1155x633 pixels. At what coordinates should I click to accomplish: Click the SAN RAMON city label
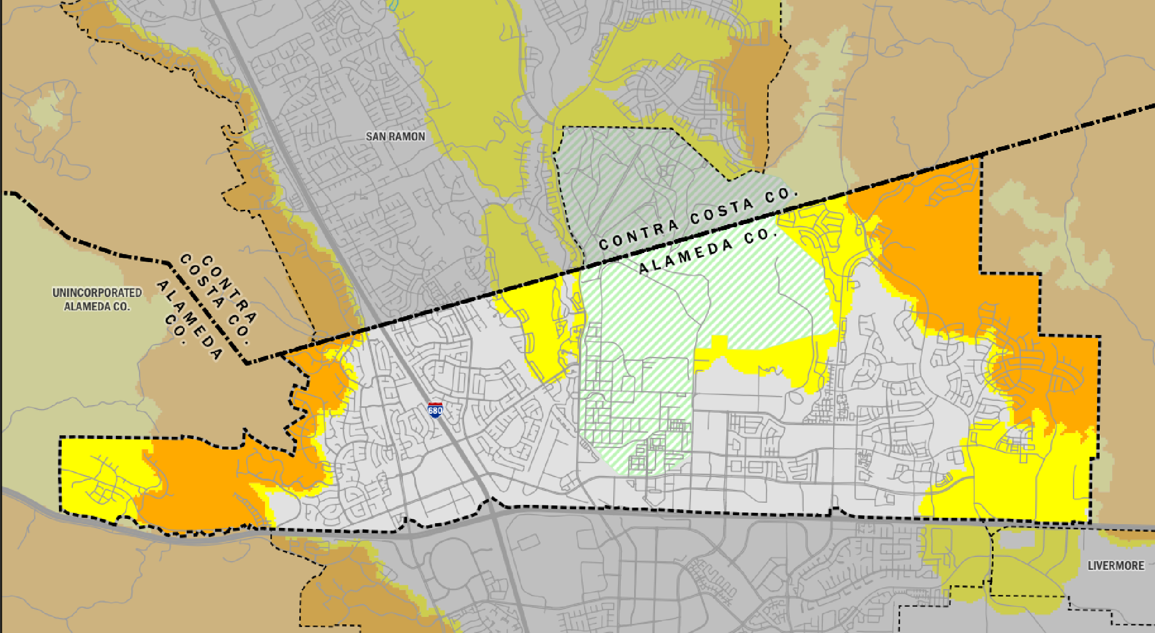click(395, 137)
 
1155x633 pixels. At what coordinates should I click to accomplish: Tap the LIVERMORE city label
click(1116, 566)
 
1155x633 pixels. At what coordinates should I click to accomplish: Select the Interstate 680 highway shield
click(435, 411)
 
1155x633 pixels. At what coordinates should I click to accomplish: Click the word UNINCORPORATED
click(97, 293)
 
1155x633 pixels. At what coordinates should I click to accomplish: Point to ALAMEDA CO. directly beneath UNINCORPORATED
click(97, 307)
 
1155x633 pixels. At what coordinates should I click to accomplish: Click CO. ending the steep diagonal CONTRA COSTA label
click(240, 334)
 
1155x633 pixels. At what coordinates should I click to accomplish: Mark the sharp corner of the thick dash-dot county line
click(247, 363)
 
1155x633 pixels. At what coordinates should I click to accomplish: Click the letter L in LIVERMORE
click(1091, 566)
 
